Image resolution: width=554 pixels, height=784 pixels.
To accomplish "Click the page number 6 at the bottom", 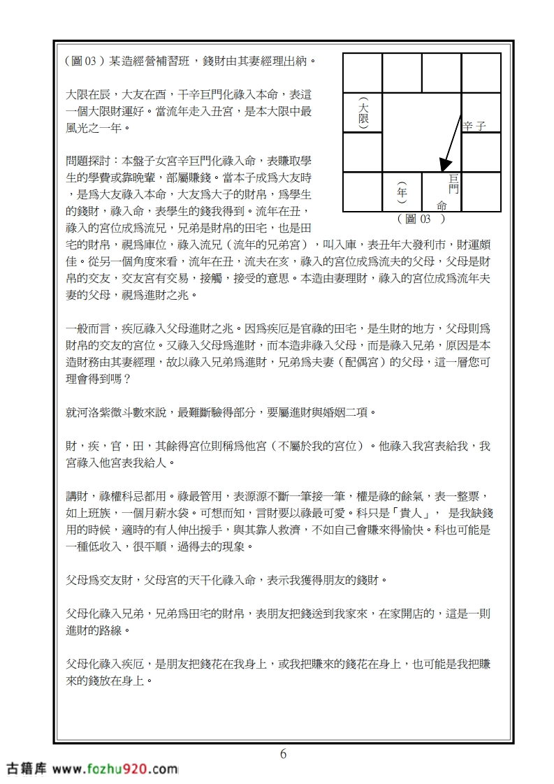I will (283, 754).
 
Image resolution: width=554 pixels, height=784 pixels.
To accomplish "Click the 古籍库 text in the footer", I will (26, 769).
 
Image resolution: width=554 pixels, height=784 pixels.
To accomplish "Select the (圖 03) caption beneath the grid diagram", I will (421, 219).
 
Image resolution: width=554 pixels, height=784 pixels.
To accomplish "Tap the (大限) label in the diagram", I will (363, 112).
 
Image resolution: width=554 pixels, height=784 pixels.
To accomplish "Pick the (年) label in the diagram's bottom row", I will (401, 191).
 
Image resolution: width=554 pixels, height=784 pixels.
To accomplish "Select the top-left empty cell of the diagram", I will (362, 73).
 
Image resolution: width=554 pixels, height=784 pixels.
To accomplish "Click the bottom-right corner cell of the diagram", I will (481, 191).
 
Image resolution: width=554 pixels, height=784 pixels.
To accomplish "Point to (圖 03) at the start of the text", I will (82, 60).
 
